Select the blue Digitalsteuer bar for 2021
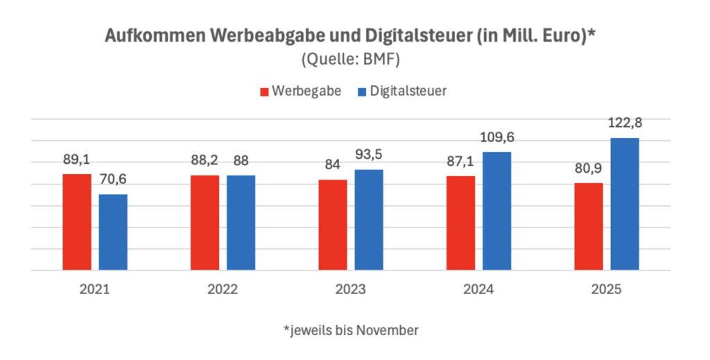tap(113, 232)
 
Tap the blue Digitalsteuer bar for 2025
tap(625, 204)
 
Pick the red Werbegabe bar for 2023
tap(333, 225)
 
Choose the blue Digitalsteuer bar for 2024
tap(496, 211)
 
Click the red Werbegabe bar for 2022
tap(205, 223)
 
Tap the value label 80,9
tap(588, 169)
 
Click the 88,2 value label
tap(205, 161)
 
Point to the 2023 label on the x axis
tap(351, 289)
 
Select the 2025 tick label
tap(607, 289)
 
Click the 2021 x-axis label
tap(95, 289)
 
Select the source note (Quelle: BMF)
tap(351, 60)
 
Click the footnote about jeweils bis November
tap(351, 330)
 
